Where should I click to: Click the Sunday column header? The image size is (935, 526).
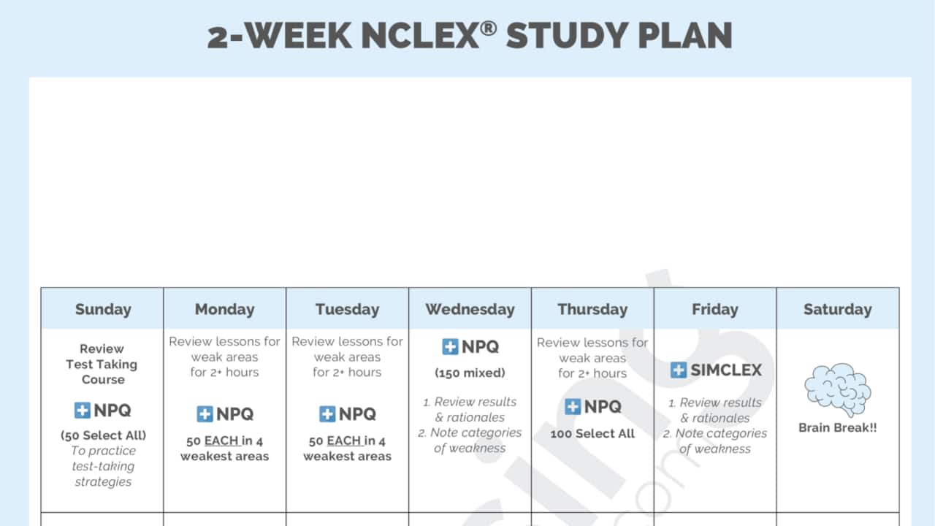point(102,309)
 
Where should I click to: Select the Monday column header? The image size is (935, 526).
point(224,309)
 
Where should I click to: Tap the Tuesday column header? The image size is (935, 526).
point(347,309)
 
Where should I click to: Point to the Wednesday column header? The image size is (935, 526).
point(470,309)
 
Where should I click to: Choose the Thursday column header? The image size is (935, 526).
point(592,309)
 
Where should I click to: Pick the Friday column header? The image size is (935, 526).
point(714,309)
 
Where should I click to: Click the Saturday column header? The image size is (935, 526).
point(837,309)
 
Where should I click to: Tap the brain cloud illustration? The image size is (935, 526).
point(837,389)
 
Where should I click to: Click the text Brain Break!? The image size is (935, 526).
point(837,427)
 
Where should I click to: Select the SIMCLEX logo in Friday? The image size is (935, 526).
point(715,370)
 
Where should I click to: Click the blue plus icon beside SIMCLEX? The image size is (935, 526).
point(679,370)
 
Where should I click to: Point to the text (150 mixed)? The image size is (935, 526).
point(470,373)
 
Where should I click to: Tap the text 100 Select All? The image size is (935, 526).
point(592,434)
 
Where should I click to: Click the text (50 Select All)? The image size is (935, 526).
point(103,435)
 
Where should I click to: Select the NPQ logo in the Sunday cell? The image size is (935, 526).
point(103,411)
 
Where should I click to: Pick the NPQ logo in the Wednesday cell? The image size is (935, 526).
point(470,347)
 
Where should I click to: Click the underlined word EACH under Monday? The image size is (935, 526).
point(221,441)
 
